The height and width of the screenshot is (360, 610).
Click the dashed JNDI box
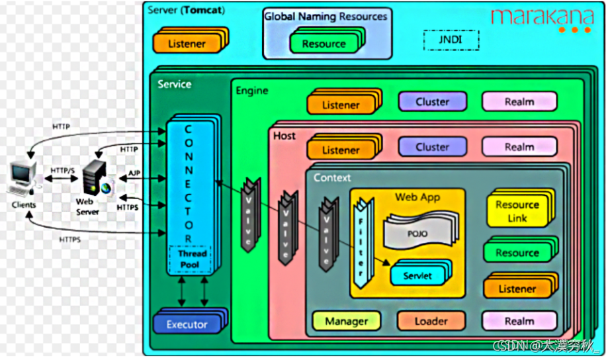pos(451,40)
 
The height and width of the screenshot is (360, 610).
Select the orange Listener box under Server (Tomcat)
pos(189,43)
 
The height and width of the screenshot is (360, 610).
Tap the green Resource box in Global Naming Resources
pos(324,44)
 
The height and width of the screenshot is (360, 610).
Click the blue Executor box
pos(187,324)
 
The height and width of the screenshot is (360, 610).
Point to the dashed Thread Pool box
pos(192,259)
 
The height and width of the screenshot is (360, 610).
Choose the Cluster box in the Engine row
pos(432,102)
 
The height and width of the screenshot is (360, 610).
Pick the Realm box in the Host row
pos(519,147)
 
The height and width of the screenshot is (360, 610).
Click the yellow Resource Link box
pos(517,211)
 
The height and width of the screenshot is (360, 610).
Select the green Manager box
pos(346,321)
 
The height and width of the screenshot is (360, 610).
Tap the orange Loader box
pos(431,321)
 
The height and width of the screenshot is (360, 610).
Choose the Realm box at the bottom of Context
pos(519,321)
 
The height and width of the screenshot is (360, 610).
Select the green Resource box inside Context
pos(517,253)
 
